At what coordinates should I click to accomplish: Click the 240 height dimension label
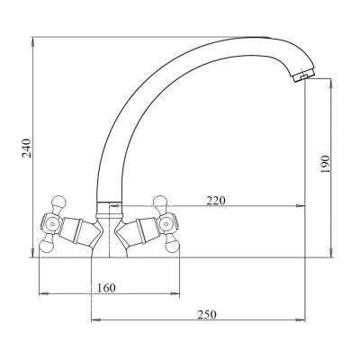[27, 148]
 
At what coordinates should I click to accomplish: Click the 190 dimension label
[325, 164]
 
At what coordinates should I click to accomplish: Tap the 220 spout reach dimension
[215, 201]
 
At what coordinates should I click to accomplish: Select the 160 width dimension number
[106, 288]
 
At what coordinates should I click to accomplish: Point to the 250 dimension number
[207, 315]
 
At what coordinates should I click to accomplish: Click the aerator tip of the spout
[303, 76]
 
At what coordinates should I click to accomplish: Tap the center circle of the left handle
[53, 223]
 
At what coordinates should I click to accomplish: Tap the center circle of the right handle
[165, 223]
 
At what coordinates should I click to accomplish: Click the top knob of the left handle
[58, 202]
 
